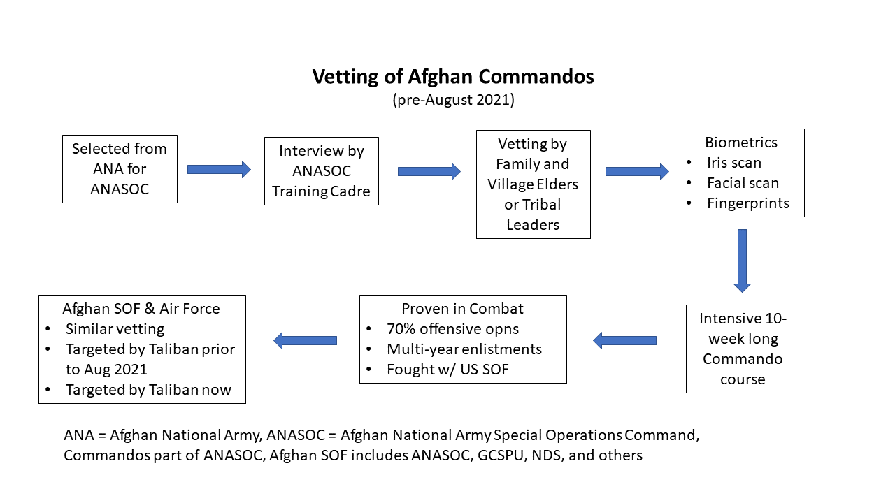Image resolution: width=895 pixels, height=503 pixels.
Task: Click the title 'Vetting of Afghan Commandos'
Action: click(452, 76)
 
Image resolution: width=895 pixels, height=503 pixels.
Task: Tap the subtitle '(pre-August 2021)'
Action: click(452, 99)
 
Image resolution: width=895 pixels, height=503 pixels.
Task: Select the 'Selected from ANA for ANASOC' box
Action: click(120, 169)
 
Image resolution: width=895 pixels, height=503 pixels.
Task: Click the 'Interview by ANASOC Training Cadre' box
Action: click(321, 171)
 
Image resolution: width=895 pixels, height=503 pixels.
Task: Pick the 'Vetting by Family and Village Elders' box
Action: click(533, 184)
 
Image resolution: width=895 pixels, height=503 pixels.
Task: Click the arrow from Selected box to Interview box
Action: click(219, 169)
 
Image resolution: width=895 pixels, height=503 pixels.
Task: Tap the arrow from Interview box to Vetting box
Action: click(429, 171)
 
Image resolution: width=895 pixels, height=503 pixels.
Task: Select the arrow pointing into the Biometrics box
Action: click(636, 171)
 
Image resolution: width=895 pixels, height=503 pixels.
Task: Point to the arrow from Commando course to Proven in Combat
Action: click(625, 340)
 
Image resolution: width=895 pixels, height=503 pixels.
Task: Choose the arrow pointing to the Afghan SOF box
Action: click(306, 340)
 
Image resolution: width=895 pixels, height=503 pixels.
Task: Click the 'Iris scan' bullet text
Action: click(733, 163)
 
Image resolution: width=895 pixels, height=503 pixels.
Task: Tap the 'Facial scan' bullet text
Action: click(743, 183)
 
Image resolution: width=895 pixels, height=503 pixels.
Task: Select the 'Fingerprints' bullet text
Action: click(747, 203)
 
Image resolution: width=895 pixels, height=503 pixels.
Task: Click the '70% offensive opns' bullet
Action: click(452, 329)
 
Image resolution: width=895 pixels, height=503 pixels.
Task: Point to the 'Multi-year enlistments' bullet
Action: click(464, 349)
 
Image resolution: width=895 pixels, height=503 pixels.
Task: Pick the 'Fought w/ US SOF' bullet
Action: click(447, 370)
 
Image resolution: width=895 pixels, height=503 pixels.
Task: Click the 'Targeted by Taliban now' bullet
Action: click(148, 390)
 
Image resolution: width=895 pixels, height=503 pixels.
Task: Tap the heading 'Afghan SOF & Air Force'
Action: click(141, 309)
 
